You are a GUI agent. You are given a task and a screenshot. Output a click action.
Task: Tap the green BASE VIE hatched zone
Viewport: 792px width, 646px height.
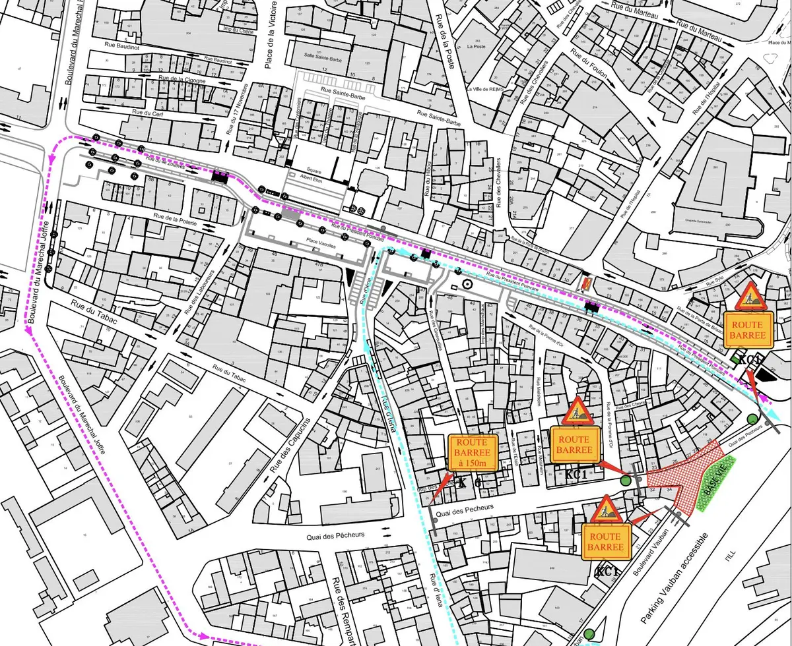(x=710, y=485)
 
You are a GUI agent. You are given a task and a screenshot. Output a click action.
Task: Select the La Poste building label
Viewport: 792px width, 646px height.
(x=475, y=47)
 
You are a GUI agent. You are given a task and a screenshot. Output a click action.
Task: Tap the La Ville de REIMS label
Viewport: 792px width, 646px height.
(x=485, y=89)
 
